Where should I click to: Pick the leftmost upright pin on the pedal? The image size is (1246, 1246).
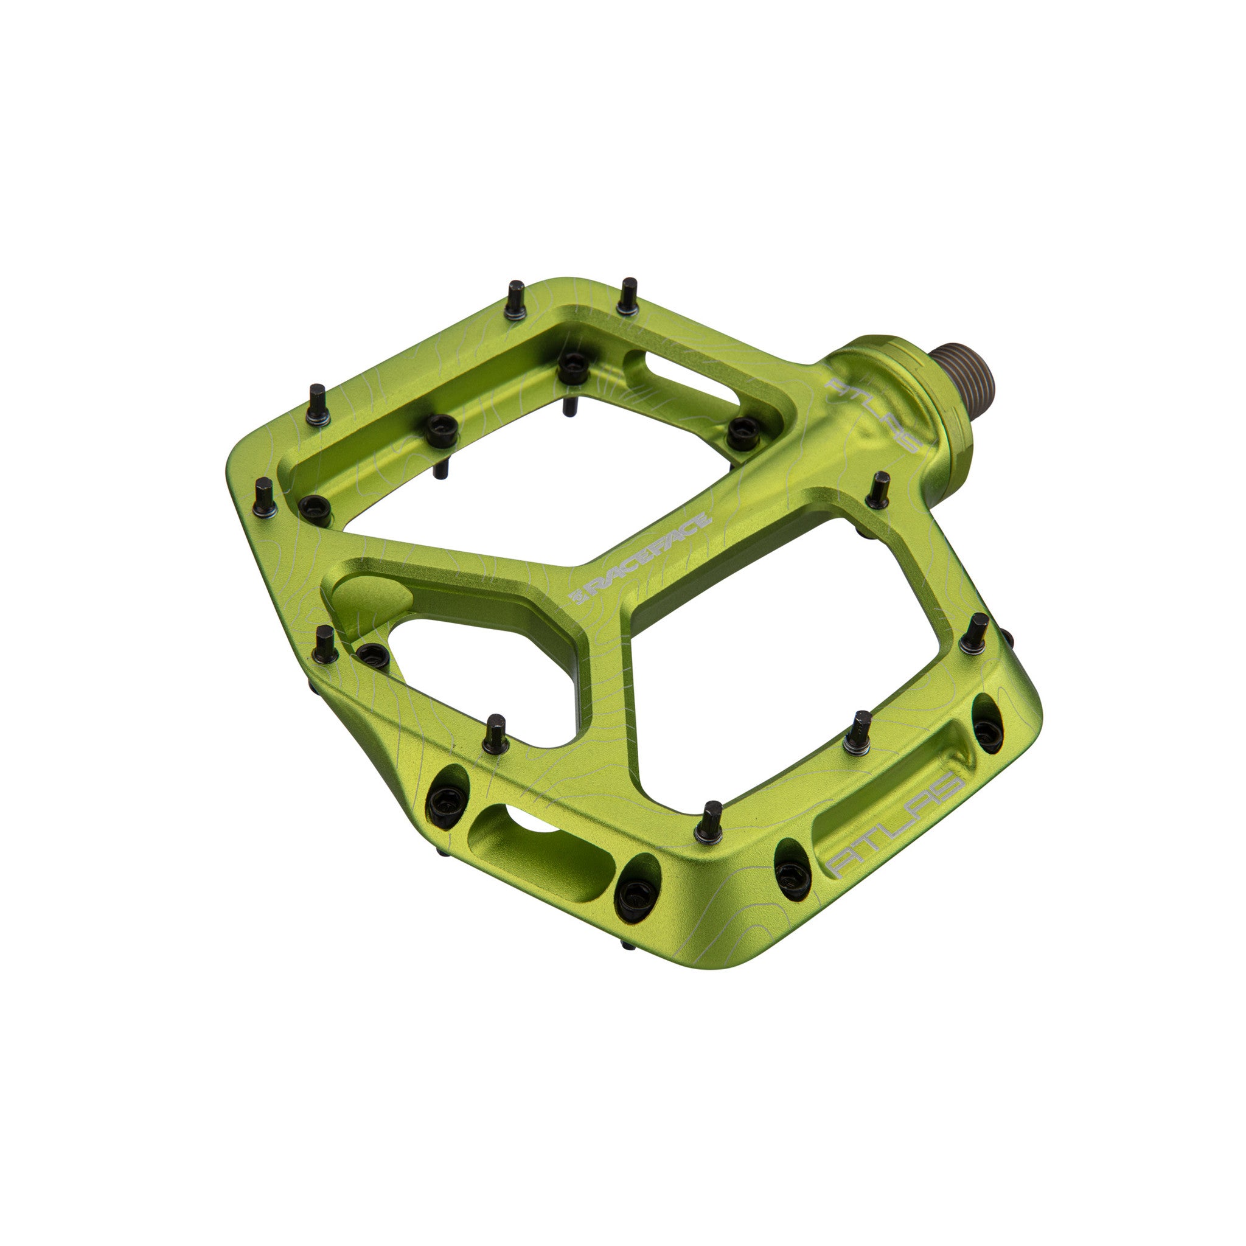pyautogui.click(x=265, y=497)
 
